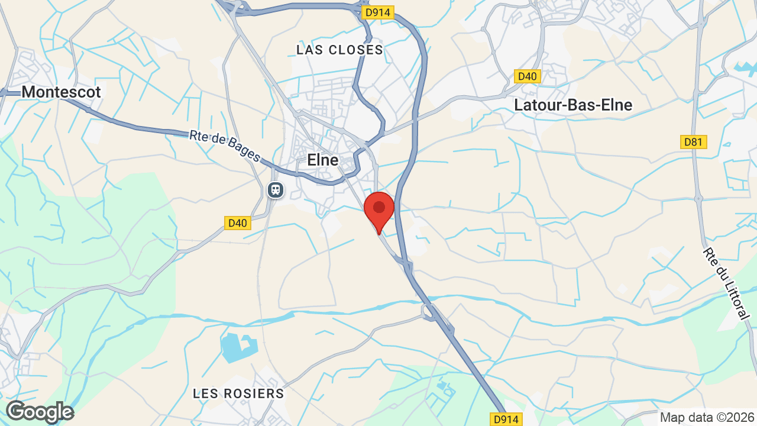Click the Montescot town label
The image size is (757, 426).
pyautogui.click(x=61, y=92)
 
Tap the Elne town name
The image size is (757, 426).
pyautogui.click(x=323, y=160)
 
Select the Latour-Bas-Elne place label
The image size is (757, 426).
pyautogui.click(x=573, y=105)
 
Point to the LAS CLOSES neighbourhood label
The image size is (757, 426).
pyautogui.click(x=340, y=50)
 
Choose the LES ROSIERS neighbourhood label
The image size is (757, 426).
pyautogui.click(x=238, y=393)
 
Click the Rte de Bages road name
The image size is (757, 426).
pyautogui.click(x=225, y=146)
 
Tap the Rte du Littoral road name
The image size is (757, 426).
pyautogui.click(x=726, y=283)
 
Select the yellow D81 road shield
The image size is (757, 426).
pyautogui.click(x=693, y=142)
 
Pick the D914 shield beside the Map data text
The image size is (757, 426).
pyautogui.click(x=506, y=419)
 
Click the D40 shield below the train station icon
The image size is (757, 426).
pyautogui.click(x=238, y=223)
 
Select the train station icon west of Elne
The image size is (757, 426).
pyautogui.click(x=275, y=190)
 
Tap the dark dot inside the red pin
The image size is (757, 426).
pyautogui.click(x=379, y=207)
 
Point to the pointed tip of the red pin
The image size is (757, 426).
pyautogui.click(x=379, y=234)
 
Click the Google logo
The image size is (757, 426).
pyautogui.click(x=40, y=412)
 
